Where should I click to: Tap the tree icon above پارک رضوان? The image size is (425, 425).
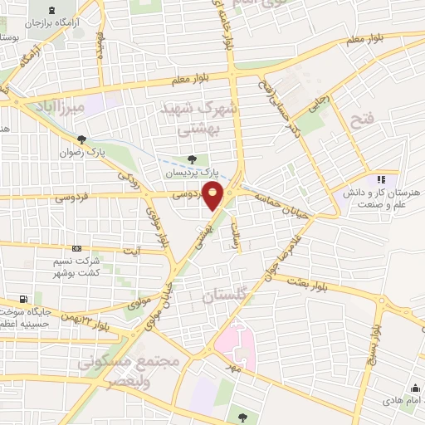[81, 139]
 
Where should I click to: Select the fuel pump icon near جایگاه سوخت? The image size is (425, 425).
[23, 300]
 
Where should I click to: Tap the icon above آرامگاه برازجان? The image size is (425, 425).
[53, 11]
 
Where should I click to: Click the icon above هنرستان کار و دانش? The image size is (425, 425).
[381, 178]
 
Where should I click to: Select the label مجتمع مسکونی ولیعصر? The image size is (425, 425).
[116, 373]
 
